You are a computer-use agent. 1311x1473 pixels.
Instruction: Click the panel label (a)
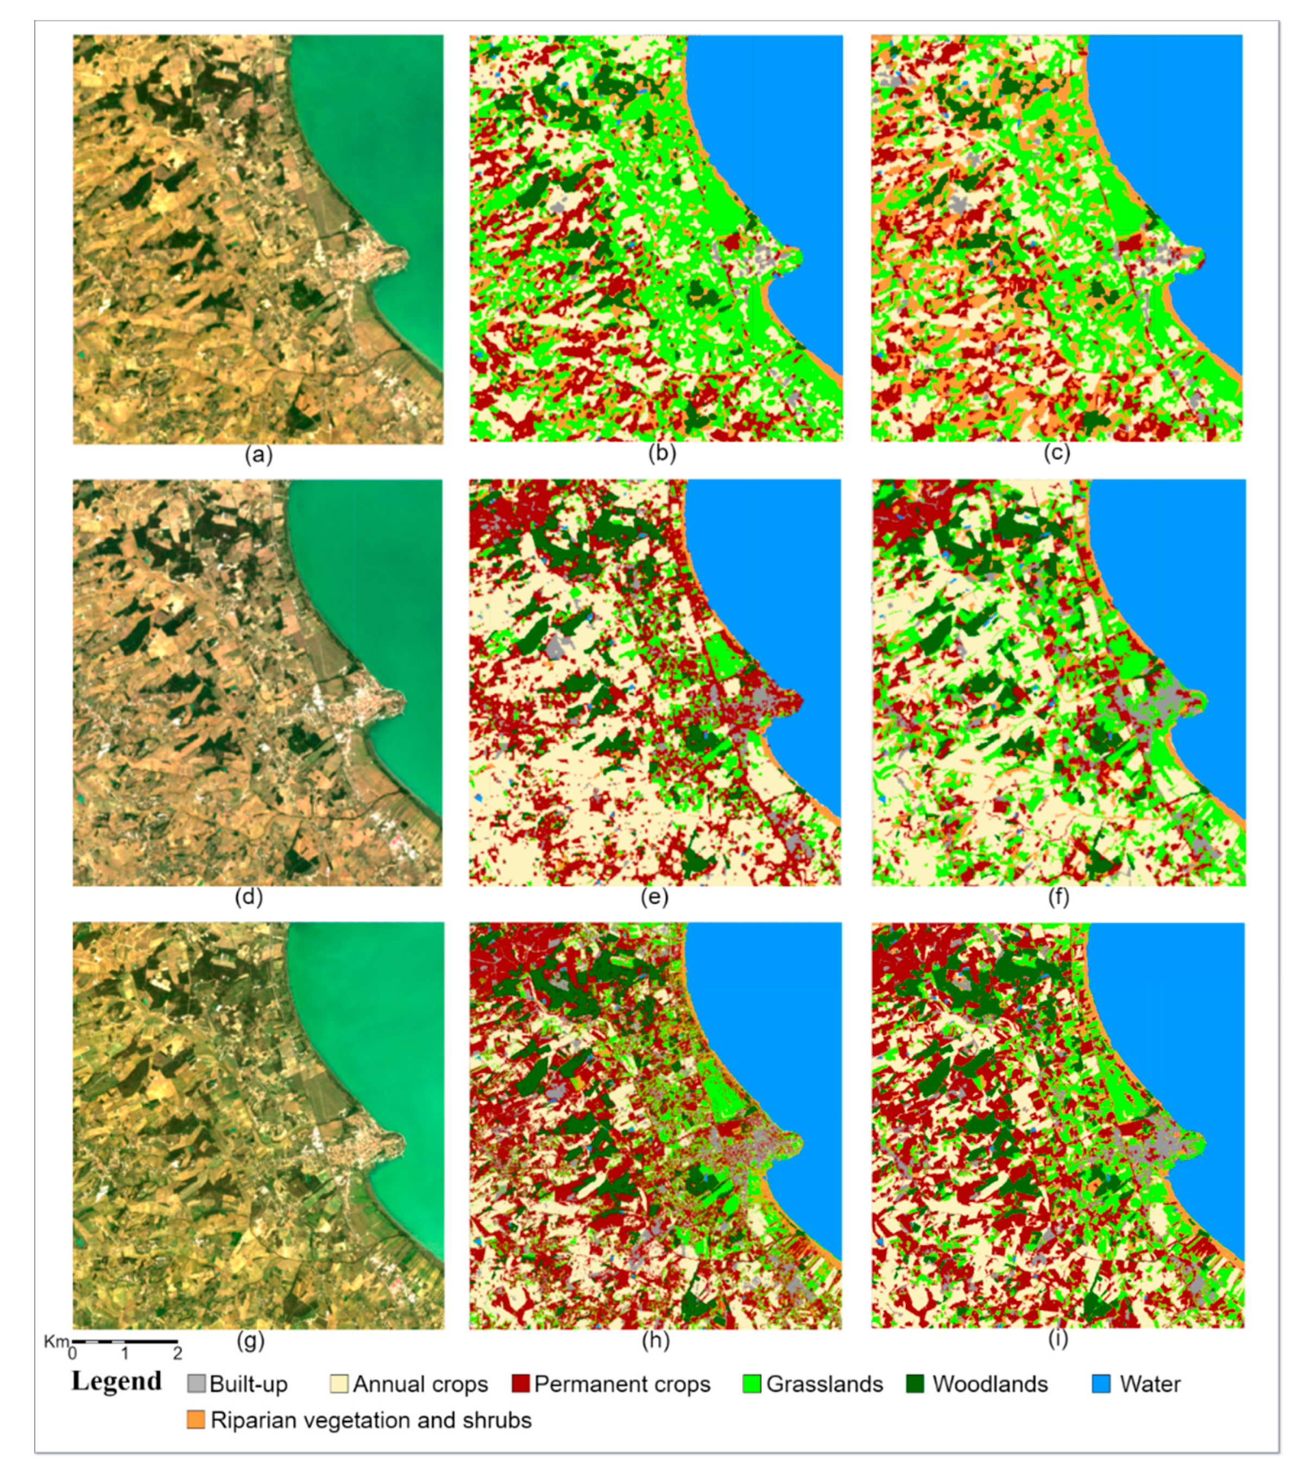(259, 454)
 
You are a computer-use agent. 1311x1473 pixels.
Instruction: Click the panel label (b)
(661, 454)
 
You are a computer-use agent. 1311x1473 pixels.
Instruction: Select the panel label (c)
(1057, 452)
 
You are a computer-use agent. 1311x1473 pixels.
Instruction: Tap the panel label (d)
(249, 897)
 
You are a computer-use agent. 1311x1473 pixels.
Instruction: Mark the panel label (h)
(655, 1340)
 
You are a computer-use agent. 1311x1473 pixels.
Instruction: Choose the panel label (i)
(1057, 1339)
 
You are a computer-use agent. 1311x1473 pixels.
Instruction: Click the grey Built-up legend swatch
(196, 1383)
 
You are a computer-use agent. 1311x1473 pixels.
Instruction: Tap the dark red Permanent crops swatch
(520, 1383)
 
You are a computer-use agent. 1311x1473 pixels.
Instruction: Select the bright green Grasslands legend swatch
(752, 1383)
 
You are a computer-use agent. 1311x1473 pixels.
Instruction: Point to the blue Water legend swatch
(1101, 1383)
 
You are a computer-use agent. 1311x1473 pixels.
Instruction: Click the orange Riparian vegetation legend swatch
(196, 1420)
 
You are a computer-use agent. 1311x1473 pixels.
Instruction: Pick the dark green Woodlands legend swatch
(915, 1383)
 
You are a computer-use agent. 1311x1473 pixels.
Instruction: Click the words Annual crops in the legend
(420, 1384)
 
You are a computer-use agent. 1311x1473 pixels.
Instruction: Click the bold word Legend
(117, 1381)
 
